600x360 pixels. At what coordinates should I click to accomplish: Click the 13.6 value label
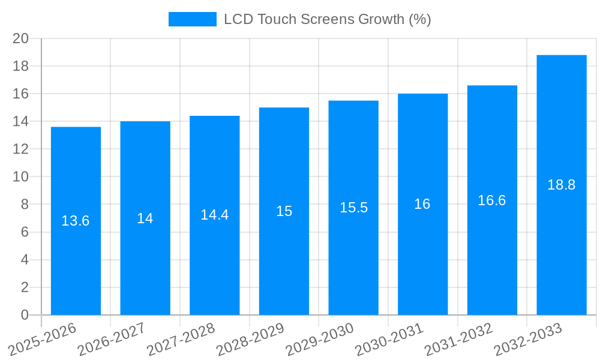click(76, 221)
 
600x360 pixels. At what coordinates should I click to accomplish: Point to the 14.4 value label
click(214, 215)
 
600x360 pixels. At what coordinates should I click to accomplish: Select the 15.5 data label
click(353, 208)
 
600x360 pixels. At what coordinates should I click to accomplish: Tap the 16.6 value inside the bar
click(492, 200)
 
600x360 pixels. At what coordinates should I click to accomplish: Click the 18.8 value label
click(562, 185)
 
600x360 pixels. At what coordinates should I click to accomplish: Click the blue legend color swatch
click(192, 19)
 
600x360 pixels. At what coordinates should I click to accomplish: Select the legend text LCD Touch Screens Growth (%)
click(327, 19)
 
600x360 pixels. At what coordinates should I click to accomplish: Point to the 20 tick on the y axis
click(21, 38)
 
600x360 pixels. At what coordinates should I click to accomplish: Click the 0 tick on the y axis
click(25, 315)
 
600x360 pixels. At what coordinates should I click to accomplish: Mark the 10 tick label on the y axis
click(21, 177)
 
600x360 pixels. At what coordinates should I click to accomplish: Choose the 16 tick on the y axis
click(21, 94)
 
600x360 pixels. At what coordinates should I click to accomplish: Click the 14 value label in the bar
click(145, 218)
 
